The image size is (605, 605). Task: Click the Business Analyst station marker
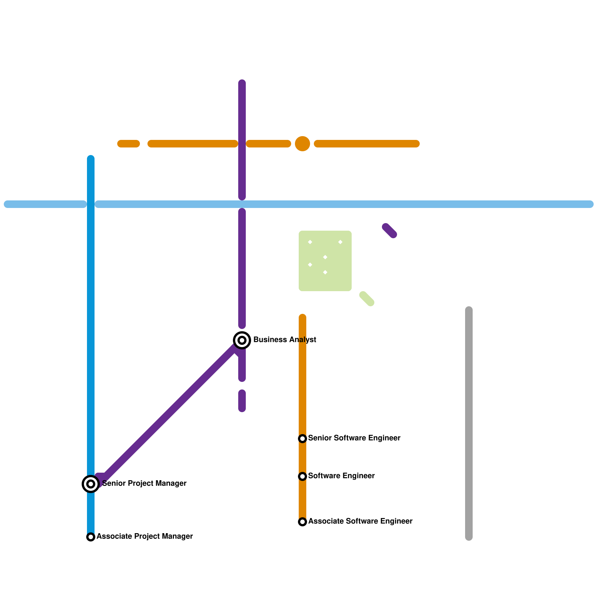pyautogui.click(x=242, y=340)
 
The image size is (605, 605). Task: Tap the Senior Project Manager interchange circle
pyautogui.click(x=91, y=484)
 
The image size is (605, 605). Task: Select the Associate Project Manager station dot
pyautogui.click(x=91, y=537)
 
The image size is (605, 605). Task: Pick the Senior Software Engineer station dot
pyautogui.click(x=302, y=438)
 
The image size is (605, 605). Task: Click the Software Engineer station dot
pyautogui.click(x=302, y=476)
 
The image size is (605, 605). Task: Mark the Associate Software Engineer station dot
pyautogui.click(x=302, y=521)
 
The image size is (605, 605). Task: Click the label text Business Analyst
pyautogui.click(x=284, y=340)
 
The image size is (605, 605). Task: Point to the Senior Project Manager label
pyautogui.click(x=144, y=483)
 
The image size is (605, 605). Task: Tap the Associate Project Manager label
pyautogui.click(x=144, y=536)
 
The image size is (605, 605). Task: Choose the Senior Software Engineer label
pyautogui.click(x=354, y=438)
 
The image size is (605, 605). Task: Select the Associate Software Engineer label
pyautogui.click(x=360, y=521)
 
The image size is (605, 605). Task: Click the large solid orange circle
pyautogui.click(x=302, y=144)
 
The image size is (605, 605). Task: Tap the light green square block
pyautogui.click(x=325, y=261)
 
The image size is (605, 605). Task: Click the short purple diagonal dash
pyautogui.click(x=389, y=231)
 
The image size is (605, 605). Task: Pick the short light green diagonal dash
pyautogui.click(x=367, y=299)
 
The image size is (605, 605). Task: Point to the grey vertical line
pyautogui.click(x=469, y=423)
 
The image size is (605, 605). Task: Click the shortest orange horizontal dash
pyautogui.click(x=129, y=144)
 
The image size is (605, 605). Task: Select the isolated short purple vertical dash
pyautogui.click(x=242, y=401)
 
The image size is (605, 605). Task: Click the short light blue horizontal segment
pyautogui.click(x=45, y=204)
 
